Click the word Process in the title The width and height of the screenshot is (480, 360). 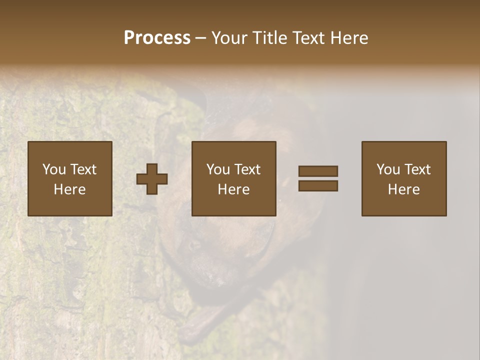coord(157,38)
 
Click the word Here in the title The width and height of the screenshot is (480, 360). coord(350,38)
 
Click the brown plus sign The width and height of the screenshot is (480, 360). coord(152,179)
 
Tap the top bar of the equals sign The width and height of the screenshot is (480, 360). coord(318,171)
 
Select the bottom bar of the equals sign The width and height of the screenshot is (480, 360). coord(318,185)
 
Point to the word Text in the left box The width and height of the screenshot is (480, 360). coord(83,169)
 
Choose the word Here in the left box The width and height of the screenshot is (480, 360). coord(69,189)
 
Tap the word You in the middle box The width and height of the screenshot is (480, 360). coord(218,169)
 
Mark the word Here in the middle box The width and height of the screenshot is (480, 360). coord(233,189)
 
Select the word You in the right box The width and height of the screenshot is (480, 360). coord(388,169)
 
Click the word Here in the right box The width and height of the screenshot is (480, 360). coord(403,189)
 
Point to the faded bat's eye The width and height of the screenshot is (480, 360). coord(193,244)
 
